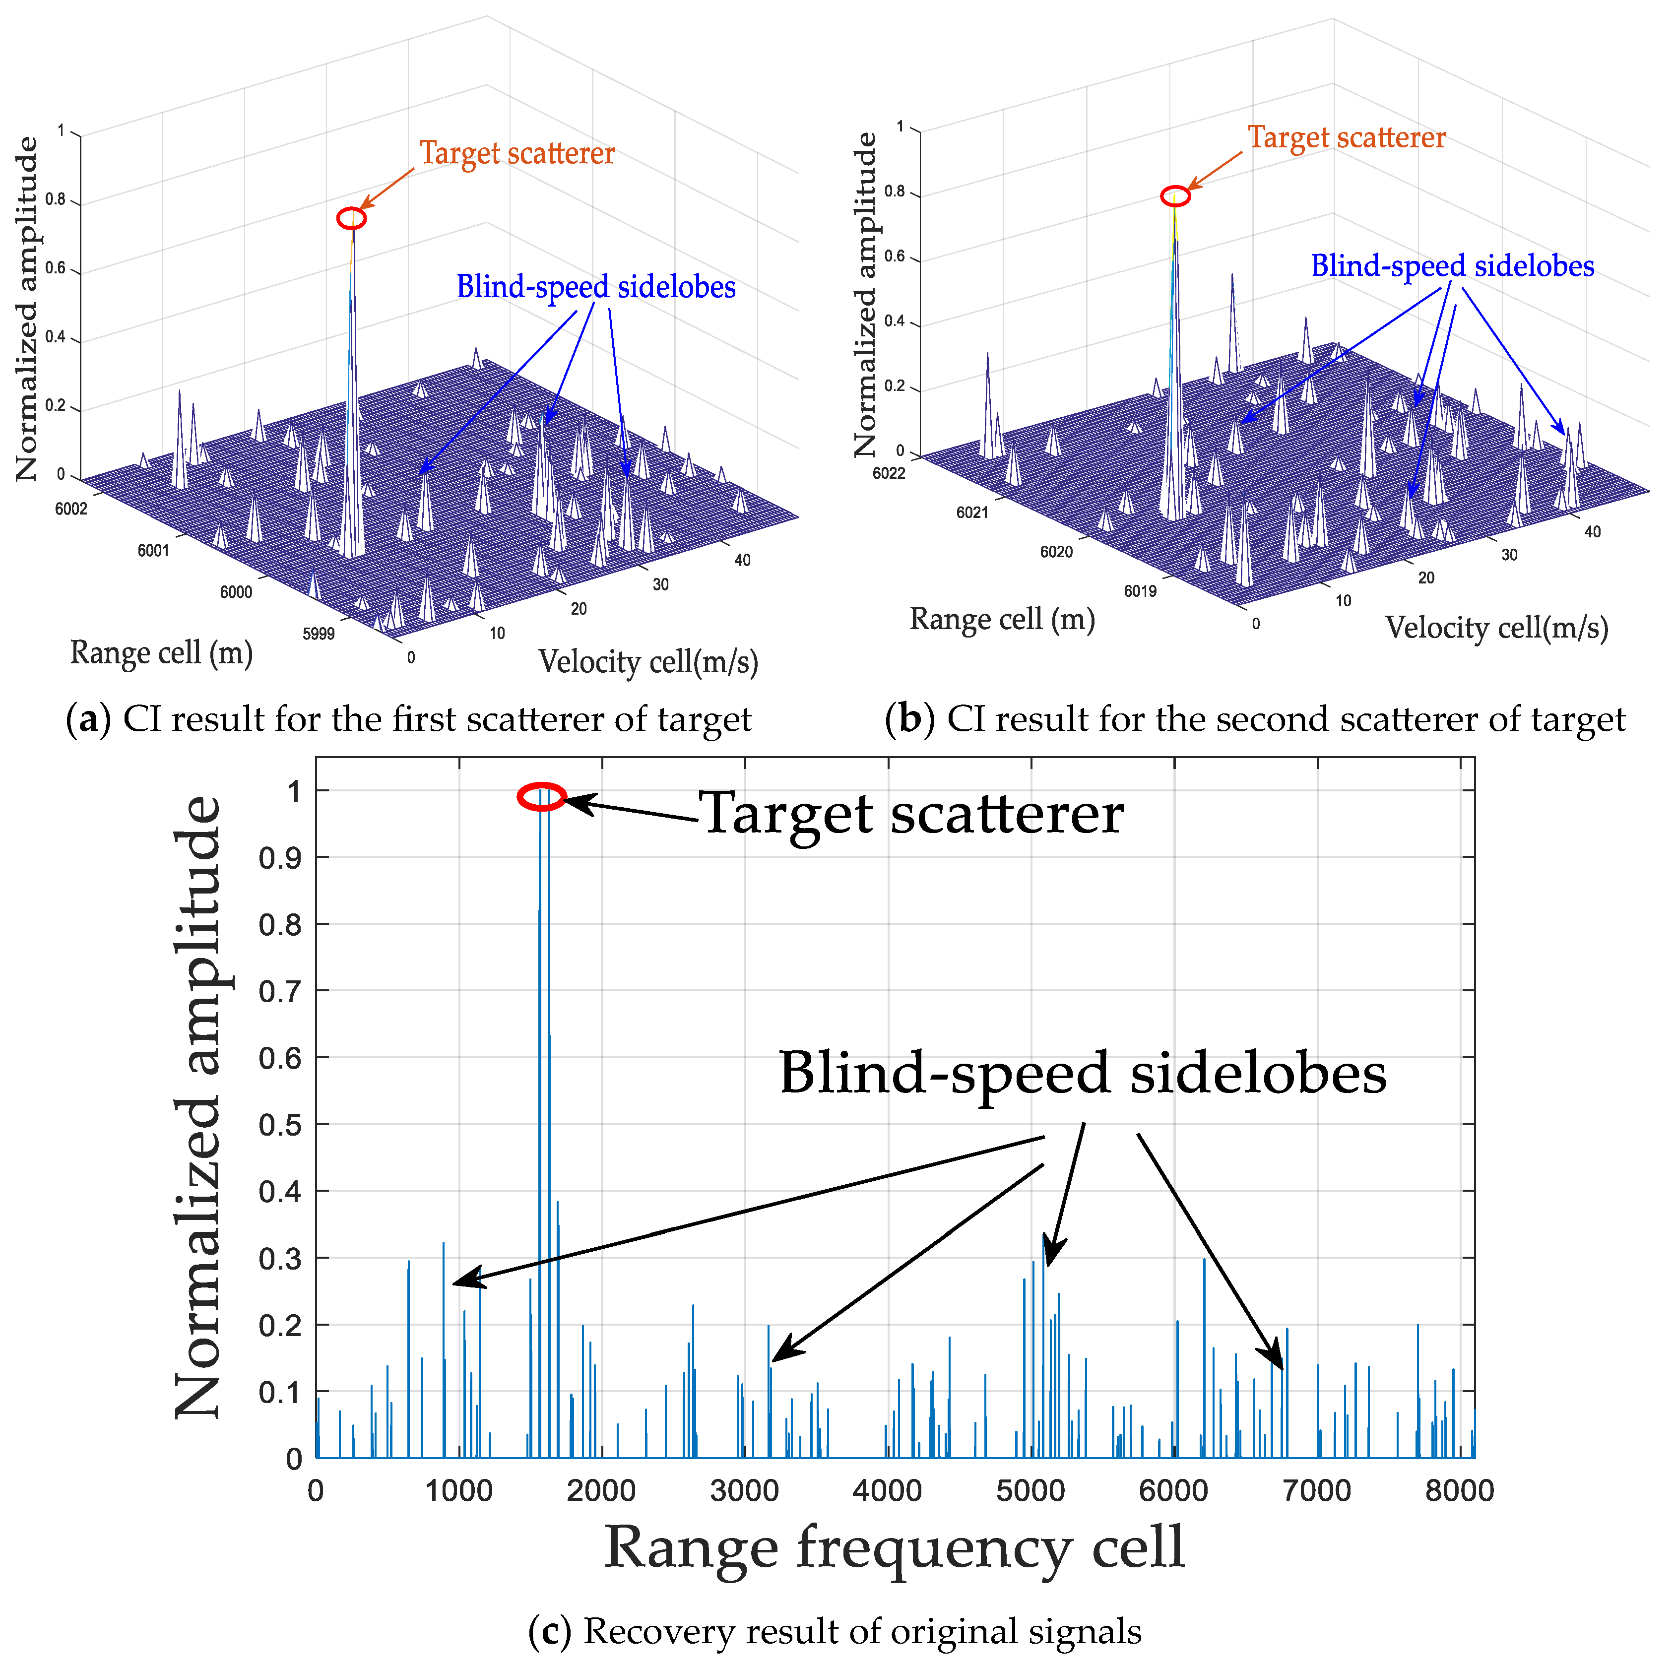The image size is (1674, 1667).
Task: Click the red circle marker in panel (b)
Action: point(1175,196)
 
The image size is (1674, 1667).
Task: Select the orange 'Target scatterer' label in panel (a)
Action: point(517,153)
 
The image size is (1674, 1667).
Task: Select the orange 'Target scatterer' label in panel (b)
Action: point(1347,138)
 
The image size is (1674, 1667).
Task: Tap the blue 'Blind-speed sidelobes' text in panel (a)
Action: point(596,287)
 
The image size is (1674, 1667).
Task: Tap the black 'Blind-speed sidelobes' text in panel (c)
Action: point(1083,1073)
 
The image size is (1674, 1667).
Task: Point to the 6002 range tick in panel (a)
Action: point(71,509)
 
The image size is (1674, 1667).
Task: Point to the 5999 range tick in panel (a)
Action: point(318,634)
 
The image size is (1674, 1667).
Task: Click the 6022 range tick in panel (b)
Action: point(889,473)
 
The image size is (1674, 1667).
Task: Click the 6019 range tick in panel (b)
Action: point(1140,591)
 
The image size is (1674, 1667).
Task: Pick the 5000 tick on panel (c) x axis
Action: point(1030,1490)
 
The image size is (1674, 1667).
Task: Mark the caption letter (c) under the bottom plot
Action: point(549,1631)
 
